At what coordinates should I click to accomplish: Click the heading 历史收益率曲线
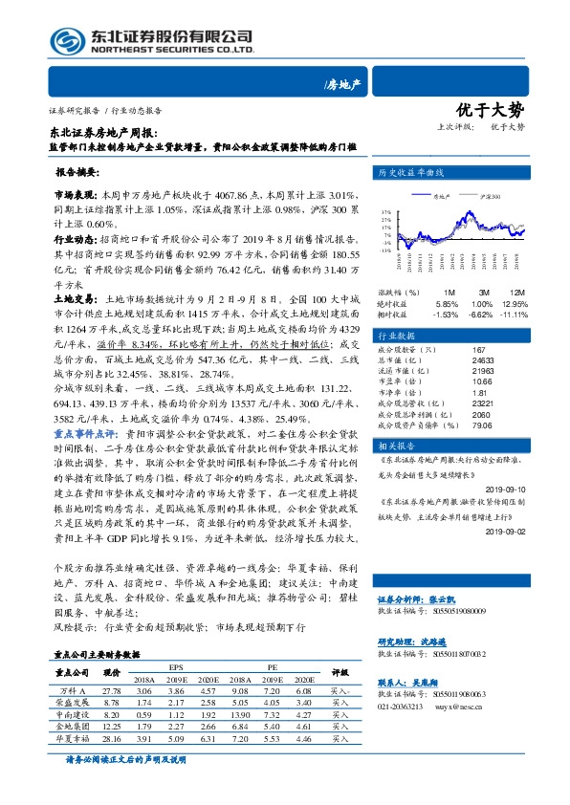point(412,173)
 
